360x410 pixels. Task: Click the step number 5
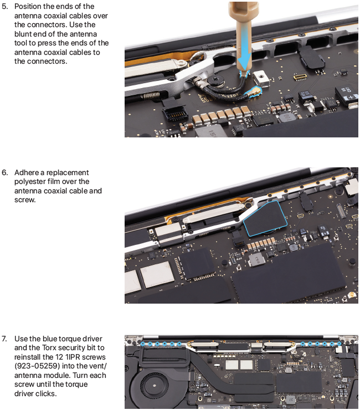(4, 6)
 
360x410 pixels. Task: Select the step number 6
(4, 172)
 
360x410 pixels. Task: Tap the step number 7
(4, 339)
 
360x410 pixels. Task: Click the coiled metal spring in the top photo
(151, 95)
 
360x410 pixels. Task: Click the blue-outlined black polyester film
(265, 219)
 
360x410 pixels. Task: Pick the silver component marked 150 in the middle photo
(256, 260)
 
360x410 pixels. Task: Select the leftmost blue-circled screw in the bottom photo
(143, 344)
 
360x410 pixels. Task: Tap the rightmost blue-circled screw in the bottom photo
(340, 344)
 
